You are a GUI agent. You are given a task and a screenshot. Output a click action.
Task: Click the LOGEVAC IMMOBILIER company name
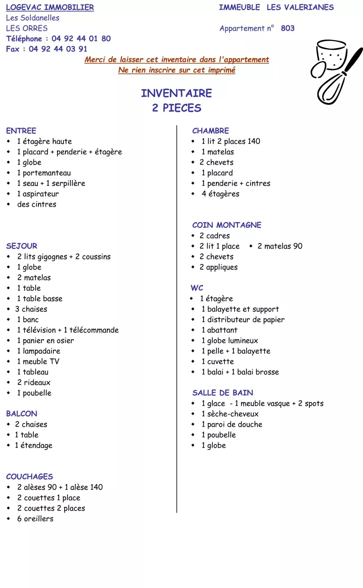point(50,7)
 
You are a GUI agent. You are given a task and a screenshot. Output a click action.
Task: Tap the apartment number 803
point(287,28)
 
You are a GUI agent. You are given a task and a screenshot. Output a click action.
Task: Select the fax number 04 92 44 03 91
point(58,49)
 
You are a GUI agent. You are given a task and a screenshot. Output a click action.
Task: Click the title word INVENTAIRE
point(176,93)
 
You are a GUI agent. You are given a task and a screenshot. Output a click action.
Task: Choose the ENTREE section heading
point(21,131)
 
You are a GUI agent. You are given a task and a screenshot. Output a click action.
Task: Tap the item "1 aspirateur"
point(38,194)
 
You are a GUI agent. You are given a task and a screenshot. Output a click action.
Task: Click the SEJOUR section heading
point(22,246)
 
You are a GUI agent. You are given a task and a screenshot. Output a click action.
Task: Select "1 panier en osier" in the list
point(45,341)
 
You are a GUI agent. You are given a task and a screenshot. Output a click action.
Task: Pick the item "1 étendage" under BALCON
point(33,446)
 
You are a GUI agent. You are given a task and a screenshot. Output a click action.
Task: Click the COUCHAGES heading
point(29,477)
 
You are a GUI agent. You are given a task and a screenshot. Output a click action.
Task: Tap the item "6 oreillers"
point(35,519)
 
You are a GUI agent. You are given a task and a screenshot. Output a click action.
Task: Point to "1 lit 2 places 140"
point(231,141)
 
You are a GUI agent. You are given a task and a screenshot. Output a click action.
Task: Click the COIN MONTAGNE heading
point(227,225)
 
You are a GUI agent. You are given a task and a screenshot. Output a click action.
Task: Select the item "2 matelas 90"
point(280,246)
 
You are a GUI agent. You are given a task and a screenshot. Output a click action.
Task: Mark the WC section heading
point(197,288)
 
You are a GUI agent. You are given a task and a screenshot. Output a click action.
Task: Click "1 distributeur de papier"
point(243,320)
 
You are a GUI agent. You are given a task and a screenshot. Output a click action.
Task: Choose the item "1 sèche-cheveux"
point(230,414)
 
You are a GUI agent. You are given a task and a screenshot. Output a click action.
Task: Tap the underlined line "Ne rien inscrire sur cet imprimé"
point(177,70)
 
